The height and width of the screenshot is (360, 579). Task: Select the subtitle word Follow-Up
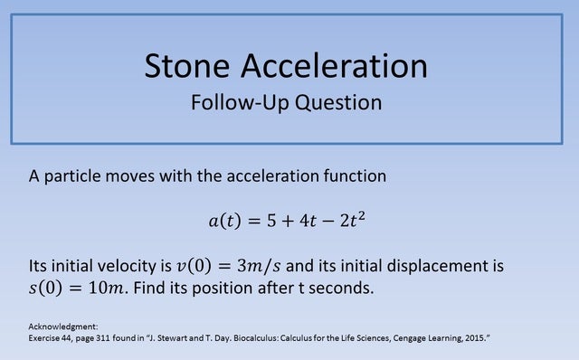(x=233, y=101)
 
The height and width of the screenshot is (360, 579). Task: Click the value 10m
(x=109, y=289)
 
